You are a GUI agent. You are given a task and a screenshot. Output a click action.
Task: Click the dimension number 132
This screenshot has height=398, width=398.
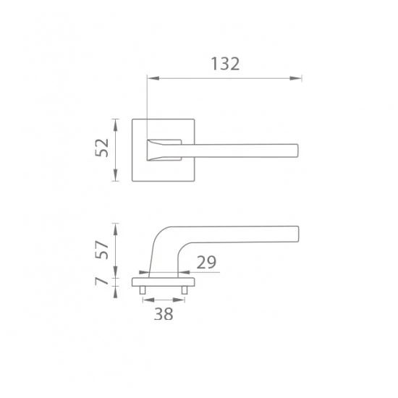(x=225, y=64)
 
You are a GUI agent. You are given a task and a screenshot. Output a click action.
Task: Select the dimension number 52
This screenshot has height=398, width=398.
(x=101, y=148)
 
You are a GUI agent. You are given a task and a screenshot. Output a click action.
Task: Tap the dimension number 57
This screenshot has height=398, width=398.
(x=101, y=250)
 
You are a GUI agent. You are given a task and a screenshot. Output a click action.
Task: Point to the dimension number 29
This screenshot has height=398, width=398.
(x=206, y=262)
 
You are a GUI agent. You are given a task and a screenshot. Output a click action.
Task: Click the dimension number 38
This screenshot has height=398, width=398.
(x=164, y=314)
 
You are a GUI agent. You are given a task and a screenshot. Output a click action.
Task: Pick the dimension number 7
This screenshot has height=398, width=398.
(x=101, y=281)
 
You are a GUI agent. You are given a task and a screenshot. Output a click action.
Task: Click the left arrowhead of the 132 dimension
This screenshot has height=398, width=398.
(x=153, y=78)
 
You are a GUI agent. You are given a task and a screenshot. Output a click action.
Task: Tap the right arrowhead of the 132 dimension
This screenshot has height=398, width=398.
(x=296, y=78)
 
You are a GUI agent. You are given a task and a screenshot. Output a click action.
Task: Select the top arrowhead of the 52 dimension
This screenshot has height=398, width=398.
(x=116, y=125)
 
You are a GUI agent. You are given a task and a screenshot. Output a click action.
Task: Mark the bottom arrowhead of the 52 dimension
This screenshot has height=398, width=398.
(x=116, y=175)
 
